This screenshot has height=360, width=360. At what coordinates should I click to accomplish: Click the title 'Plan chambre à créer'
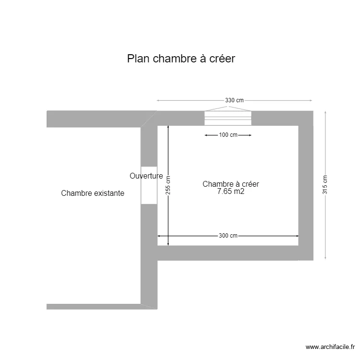coord(181,59)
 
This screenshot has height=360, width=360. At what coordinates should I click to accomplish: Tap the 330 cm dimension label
coord(234,100)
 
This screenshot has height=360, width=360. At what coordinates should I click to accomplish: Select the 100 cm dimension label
coord(228,135)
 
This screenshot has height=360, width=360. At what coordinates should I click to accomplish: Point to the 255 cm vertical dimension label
coord(168,185)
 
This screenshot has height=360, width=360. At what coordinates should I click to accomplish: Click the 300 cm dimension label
coord(228,236)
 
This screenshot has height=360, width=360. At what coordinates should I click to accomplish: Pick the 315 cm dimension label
coord(325,184)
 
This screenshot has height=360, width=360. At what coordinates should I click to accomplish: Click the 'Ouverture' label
coord(146,176)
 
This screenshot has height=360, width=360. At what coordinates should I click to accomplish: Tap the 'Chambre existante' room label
coord(93,193)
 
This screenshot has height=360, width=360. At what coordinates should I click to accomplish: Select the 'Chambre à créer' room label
coord(231,184)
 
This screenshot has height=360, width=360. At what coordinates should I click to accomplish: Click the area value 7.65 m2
coord(231,192)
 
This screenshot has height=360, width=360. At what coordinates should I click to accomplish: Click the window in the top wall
coord(228,118)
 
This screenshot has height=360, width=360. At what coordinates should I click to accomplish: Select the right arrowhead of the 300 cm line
coord(297,236)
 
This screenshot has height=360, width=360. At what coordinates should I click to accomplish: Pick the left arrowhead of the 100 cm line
coord(206,135)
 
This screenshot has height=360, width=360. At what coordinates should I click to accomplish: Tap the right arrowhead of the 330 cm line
coord(312,100)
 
